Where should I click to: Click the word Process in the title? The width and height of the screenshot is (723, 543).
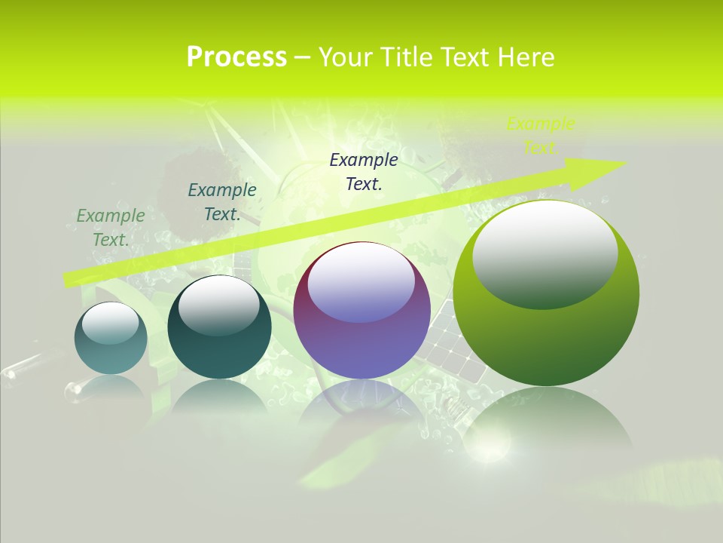[x=236, y=57]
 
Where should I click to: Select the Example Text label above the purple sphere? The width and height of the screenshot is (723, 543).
[x=364, y=171]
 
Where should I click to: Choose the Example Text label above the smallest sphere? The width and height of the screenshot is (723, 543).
[x=111, y=227]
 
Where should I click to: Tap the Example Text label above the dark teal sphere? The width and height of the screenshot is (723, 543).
[x=221, y=201]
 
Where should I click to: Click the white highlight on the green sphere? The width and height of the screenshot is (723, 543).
[x=545, y=253]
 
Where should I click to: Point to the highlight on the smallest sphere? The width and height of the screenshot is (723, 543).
[x=110, y=323]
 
